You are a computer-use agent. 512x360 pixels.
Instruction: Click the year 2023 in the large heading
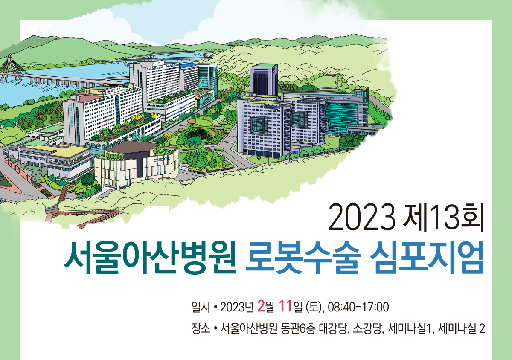click(x=362, y=217)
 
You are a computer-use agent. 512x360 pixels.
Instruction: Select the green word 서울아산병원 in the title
click(x=150, y=257)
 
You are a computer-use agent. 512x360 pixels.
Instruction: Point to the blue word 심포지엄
click(x=427, y=257)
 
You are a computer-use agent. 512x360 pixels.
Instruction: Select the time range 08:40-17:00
click(x=358, y=307)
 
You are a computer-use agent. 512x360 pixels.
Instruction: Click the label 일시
click(x=201, y=307)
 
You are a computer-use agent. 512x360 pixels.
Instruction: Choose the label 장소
click(x=201, y=329)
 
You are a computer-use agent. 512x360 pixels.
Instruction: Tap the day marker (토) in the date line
click(x=315, y=307)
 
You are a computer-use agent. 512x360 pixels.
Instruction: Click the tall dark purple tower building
click(x=264, y=79)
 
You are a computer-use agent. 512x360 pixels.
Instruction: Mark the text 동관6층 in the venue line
click(x=298, y=329)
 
